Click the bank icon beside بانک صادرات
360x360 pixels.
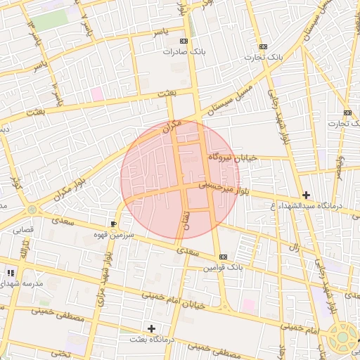(184, 41)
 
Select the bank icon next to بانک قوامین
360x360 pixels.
(223, 257)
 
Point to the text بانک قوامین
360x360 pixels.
(223, 268)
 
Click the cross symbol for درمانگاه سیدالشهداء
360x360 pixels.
(306, 195)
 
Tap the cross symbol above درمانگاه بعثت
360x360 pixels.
(151, 328)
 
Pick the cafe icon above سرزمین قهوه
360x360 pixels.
(114, 224)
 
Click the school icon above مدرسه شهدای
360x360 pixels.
(10, 273)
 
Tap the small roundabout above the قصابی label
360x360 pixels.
(32, 210)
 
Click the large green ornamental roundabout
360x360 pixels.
(342, 336)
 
